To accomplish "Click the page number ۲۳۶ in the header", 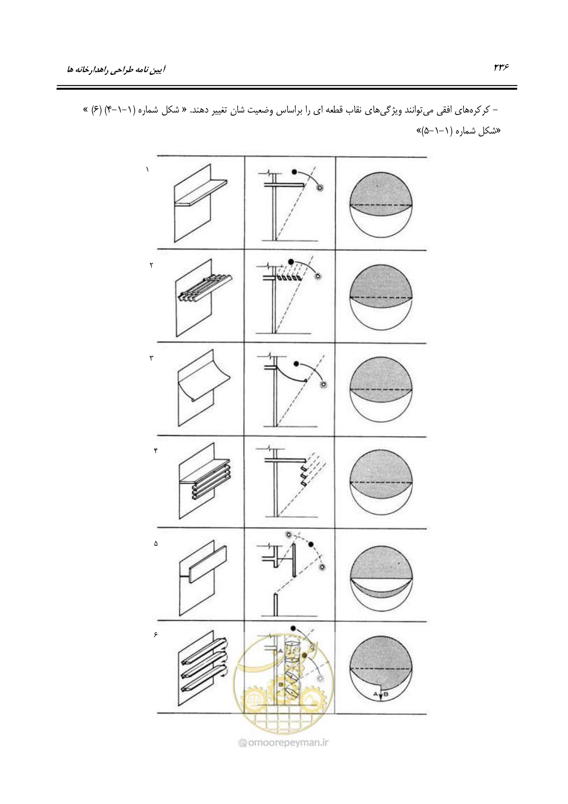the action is (502, 67).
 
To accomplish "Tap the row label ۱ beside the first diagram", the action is (147, 169).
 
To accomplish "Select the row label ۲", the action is (151, 265).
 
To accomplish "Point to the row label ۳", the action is (151, 358).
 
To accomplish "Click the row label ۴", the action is (155, 451).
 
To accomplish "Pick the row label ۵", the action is (155, 544).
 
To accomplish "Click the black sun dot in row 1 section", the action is (295, 172).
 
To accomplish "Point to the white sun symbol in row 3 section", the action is (323, 385).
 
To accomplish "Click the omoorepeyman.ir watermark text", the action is (283, 742).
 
